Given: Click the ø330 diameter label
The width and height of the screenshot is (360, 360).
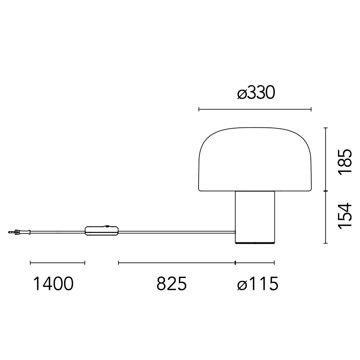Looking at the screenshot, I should coord(256,93).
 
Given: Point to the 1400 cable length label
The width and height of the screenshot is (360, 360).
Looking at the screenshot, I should coord(53,284).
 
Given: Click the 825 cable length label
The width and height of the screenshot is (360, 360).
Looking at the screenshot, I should coord(171,284).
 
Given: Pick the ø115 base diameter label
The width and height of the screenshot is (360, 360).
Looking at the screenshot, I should coord(257,284).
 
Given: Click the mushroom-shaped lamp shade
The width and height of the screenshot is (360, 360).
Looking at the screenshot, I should coord(255,159).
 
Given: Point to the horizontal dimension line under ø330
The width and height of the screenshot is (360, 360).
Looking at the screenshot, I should coord(255,110).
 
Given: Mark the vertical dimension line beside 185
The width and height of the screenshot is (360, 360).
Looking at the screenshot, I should coord(326,159).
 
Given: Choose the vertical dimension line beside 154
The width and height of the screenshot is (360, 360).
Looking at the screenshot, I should coord(326,217).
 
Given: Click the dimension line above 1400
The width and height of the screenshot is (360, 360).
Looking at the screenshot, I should coord(57,263).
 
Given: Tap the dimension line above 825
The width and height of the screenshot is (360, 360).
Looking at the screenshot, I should coord(177,263).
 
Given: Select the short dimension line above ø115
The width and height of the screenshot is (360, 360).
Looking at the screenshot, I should coord(255,263).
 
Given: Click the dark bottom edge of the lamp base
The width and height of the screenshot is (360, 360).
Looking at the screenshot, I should coord(255,243).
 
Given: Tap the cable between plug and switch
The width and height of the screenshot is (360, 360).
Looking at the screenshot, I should coord(58,232).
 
